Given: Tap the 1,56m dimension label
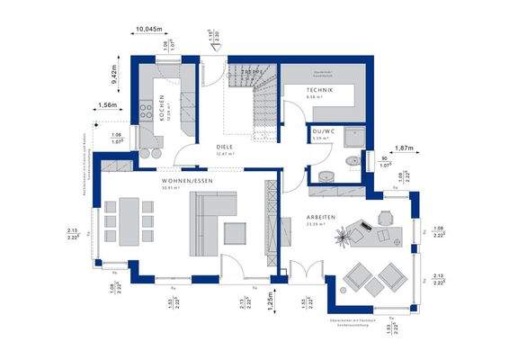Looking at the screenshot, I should point(107,106).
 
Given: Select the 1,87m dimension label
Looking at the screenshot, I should point(405,148).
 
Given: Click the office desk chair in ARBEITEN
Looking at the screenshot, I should point(386,216).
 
